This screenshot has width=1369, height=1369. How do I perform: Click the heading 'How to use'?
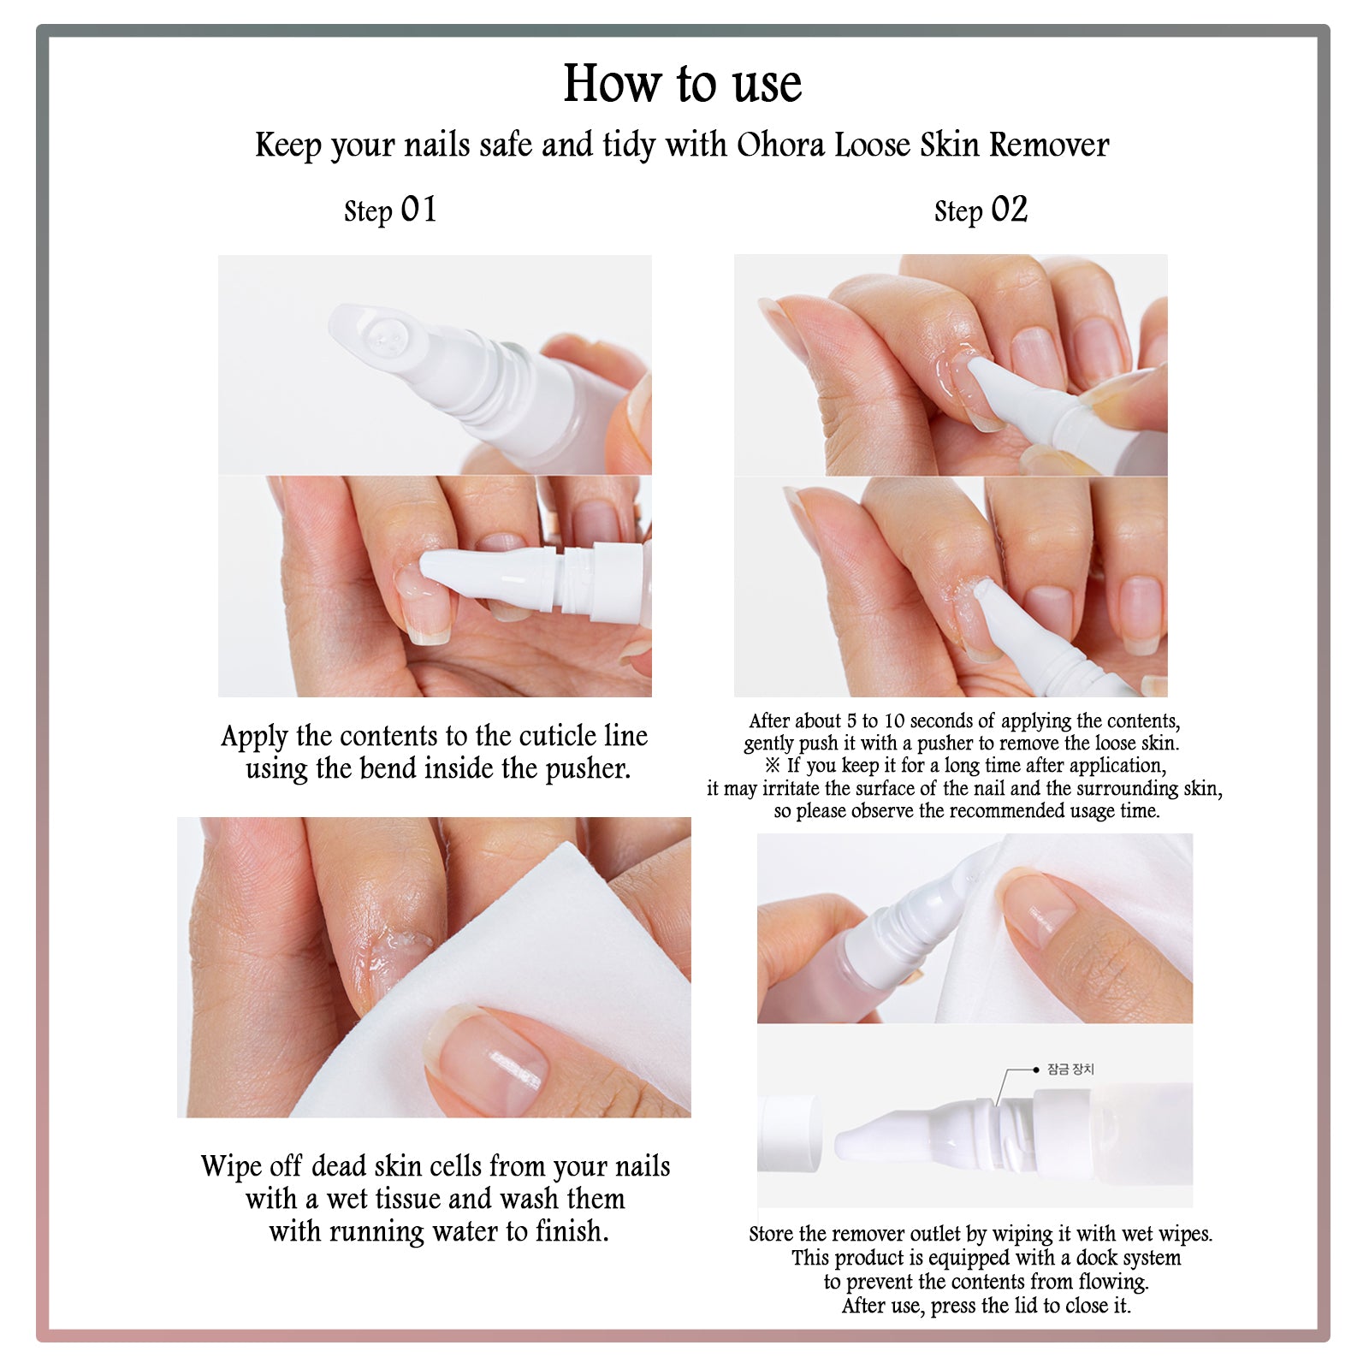(683, 84)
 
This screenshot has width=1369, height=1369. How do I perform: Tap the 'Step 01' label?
(390, 210)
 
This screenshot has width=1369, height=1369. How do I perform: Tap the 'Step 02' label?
(981, 210)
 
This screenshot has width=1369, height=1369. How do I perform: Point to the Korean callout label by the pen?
(1070, 1070)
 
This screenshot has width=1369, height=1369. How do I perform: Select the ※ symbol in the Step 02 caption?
(773, 766)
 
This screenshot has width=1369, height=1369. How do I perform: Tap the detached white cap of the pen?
(788, 1134)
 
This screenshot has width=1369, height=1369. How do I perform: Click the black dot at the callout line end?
(1036, 1070)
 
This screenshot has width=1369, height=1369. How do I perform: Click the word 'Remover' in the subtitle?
(1049, 145)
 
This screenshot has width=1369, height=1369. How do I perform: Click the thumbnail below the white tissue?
(488, 1061)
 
